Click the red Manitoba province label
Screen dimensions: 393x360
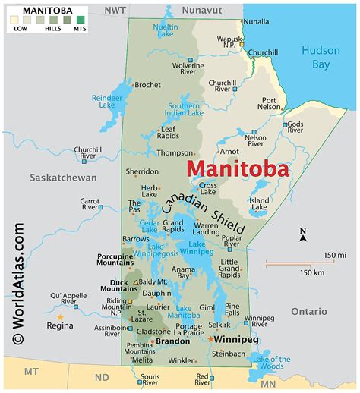pos(237,168)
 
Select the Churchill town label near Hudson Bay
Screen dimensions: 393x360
pos(263,52)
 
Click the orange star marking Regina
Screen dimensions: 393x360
pos(60,317)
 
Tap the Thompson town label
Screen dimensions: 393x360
pos(175,152)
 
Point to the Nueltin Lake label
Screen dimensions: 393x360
pos(166,31)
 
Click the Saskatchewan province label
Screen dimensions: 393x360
pos(63,178)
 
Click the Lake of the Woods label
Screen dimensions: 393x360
pos(271,363)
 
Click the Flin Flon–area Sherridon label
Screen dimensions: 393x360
pos(142,171)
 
